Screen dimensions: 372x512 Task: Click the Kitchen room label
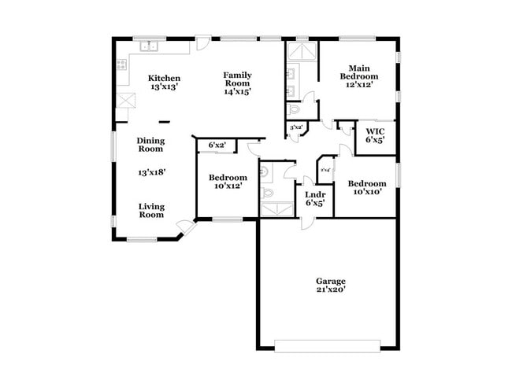(x=165, y=79)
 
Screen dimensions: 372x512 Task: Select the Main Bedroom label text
(x=358, y=72)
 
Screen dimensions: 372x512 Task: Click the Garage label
(x=331, y=281)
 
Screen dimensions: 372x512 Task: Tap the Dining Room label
(x=150, y=144)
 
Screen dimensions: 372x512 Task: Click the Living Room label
(x=151, y=210)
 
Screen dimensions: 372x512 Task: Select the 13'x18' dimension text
(x=151, y=171)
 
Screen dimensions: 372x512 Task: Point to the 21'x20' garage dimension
(x=331, y=289)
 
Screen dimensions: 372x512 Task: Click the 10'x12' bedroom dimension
(x=228, y=186)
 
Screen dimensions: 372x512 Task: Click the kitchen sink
(x=150, y=47)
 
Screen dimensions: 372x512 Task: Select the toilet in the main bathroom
(x=294, y=109)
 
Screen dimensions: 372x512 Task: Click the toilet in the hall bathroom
(x=268, y=191)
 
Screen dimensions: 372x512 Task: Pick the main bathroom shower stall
(x=302, y=52)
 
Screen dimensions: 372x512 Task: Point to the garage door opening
(x=331, y=344)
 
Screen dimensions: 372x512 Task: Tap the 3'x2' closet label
(x=296, y=127)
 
